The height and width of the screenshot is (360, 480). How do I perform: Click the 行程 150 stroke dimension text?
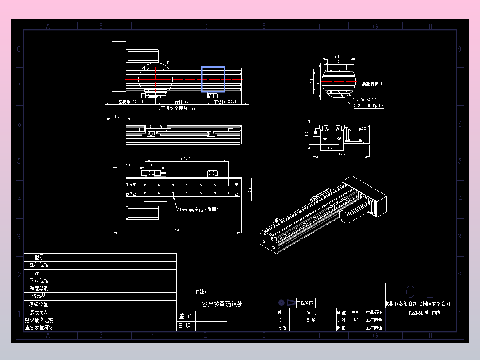click(183, 102)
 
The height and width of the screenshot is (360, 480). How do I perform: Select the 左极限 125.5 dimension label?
click(131, 102)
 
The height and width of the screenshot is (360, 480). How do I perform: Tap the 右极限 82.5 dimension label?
click(225, 102)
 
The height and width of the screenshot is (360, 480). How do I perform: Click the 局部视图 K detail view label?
click(372, 84)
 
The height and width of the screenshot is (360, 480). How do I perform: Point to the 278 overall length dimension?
click(175, 230)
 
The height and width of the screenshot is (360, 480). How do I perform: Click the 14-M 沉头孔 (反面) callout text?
click(198, 209)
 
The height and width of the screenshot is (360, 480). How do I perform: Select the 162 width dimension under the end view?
click(342, 154)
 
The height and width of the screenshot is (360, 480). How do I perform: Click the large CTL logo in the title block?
click(419, 292)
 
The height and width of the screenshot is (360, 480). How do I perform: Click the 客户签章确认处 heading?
click(222, 304)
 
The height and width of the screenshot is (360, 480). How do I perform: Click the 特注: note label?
click(201, 292)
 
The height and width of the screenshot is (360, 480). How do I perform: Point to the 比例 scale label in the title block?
click(341, 320)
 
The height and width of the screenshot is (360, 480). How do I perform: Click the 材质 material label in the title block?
click(282, 328)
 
